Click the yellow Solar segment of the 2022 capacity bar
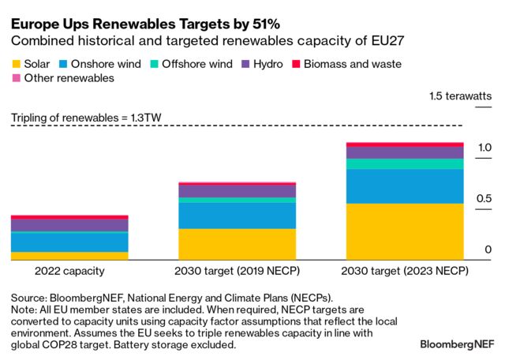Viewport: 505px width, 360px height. click(69, 256)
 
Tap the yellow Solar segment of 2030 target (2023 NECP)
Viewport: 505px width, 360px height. click(405, 231)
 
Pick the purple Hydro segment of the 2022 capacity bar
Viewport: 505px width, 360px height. click(69, 225)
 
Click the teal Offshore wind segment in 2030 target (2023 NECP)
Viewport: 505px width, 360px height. click(405, 164)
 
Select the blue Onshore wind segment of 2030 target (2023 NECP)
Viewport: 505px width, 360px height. click(405, 186)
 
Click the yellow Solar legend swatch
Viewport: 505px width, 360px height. click(16, 63)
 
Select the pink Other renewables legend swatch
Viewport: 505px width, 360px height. click(16, 78)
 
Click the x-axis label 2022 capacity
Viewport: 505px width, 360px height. click(69, 271)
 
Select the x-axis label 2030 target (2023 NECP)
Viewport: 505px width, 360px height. click(405, 271)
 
